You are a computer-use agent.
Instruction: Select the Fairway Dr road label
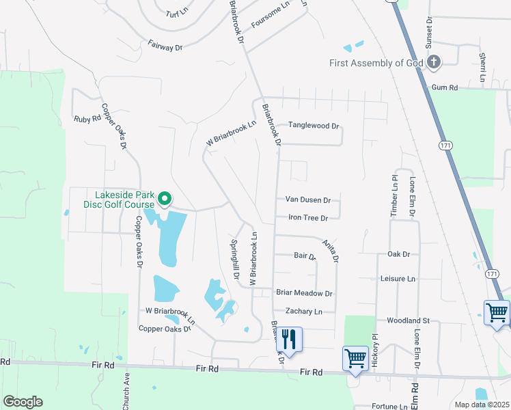pos(165,46)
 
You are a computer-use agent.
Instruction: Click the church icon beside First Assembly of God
pos(433,63)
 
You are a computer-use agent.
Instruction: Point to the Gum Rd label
pos(444,88)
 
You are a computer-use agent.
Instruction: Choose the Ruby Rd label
pos(87,119)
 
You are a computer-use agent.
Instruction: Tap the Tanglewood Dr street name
pos(314,126)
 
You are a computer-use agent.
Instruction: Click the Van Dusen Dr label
pos(307,200)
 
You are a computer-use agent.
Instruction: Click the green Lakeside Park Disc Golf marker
pos(165,199)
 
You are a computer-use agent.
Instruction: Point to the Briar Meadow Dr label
pos(304,293)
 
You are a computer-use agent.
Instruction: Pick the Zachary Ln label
pos(303,312)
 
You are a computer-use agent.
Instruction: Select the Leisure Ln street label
pos(398,279)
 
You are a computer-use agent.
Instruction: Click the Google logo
pos(23,402)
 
